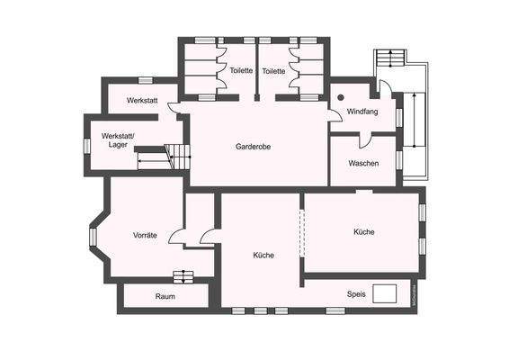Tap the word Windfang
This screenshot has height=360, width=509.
[x=362, y=111]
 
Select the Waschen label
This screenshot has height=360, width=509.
[x=362, y=163]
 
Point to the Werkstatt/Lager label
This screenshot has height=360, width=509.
[x=110, y=139]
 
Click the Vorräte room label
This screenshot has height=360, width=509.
[x=145, y=235]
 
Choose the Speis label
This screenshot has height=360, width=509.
[x=356, y=293]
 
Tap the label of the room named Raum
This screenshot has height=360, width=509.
[x=165, y=296]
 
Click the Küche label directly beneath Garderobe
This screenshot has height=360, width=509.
[x=263, y=255]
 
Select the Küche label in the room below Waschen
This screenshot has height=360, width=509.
[x=363, y=231]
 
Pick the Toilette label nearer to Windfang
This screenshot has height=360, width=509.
[x=273, y=70]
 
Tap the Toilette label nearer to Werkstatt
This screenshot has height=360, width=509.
[x=241, y=70]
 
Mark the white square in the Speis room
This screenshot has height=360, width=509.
[x=387, y=292]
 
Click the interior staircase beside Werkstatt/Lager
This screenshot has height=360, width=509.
[x=178, y=157]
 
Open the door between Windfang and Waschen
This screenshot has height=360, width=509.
[x=365, y=140]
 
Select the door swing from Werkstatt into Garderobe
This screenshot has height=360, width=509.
[x=174, y=108]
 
